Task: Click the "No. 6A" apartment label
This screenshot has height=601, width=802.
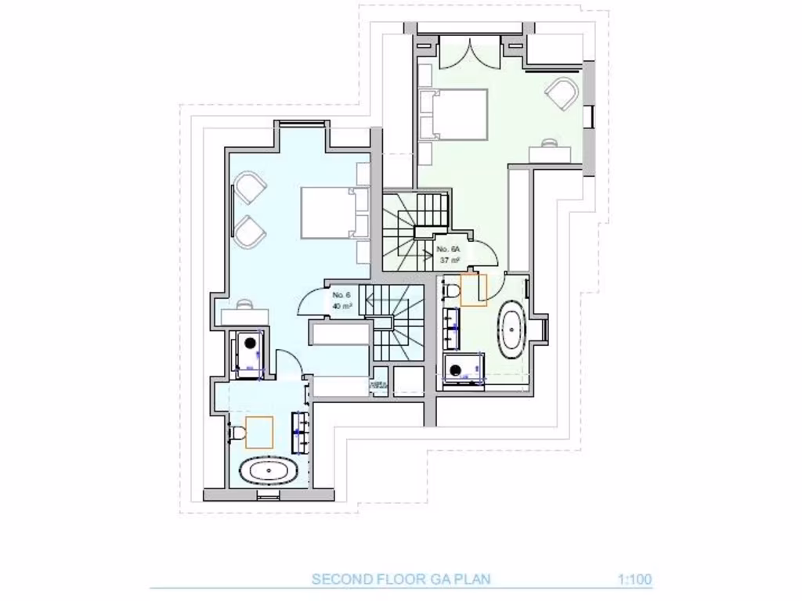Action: (x=449, y=249)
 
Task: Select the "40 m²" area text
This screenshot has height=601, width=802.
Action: (x=341, y=306)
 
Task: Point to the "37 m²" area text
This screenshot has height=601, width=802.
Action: (x=449, y=260)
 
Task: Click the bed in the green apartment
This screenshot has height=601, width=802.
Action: (x=453, y=114)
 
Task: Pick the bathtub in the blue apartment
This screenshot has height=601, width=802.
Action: (x=269, y=472)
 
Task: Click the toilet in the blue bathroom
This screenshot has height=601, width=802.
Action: (x=236, y=432)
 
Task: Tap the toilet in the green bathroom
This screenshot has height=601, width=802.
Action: (x=451, y=290)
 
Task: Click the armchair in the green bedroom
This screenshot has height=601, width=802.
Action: (x=562, y=94)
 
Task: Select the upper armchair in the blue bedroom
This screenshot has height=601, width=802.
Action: (x=250, y=189)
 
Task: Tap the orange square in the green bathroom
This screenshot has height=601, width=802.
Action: (x=474, y=290)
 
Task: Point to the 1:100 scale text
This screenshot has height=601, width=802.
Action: (x=634, y=580)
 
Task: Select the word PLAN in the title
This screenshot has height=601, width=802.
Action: (x=474, y=580)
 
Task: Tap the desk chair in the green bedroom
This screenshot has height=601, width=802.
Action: (x=550, y=142)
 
